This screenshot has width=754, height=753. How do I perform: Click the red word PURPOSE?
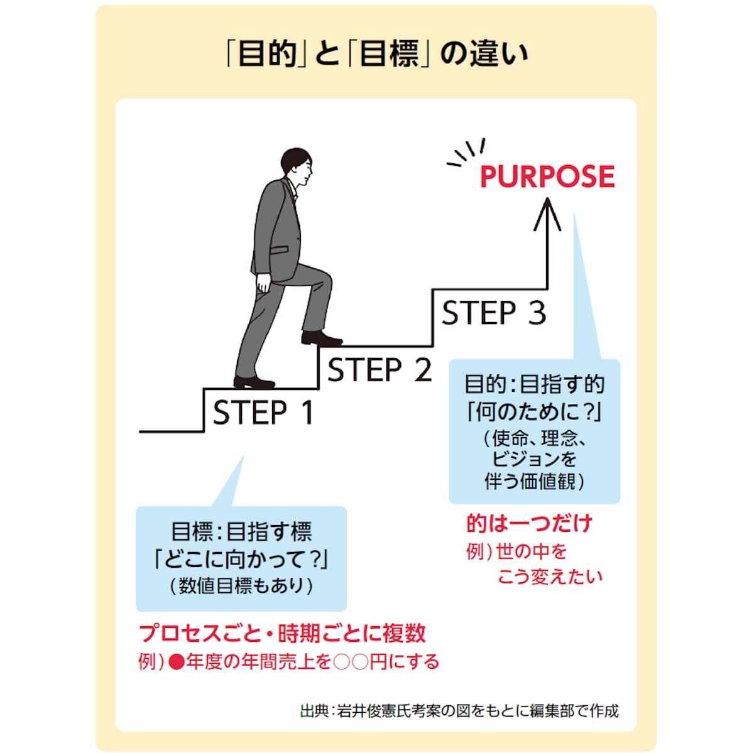pyautogui.click(x=547, y=176)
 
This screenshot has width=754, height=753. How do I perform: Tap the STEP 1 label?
pyautogui.click(x=263, y=413)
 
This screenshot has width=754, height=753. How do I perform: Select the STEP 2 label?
pyautogui.click(x=380, y=369)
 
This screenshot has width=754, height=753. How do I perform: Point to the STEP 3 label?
pyautogui.click(x=494, y=313)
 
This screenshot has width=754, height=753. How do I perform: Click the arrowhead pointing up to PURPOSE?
pyautogui.click(x=547, y=210)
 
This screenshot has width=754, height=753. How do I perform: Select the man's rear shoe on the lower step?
pyautogui.click(x=254, y=382)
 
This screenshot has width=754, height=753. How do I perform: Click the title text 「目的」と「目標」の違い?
pyautogui.click(x=376, y=53)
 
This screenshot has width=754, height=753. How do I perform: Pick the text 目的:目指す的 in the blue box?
pyautogui.click(x=534, y=384)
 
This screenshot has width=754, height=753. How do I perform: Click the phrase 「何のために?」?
pyautogui.click(x=534, y=412)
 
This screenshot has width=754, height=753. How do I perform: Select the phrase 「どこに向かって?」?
pyautogui.click(x=241, y=558)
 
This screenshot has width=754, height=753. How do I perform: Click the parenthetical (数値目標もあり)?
pyautogui.click(x=241, y=585)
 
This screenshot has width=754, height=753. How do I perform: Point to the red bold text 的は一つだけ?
pyautogui.click(x=529, y=523)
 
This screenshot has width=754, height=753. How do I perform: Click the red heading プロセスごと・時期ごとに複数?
pyautogui.click(x=282, y=633)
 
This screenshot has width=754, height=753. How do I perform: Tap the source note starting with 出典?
pyautogui.click(x=459, y=711)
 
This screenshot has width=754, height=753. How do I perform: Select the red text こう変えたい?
pyautogui.click(x=550, y=577)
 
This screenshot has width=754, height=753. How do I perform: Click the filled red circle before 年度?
pyautogui.click(x=177, y=662)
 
